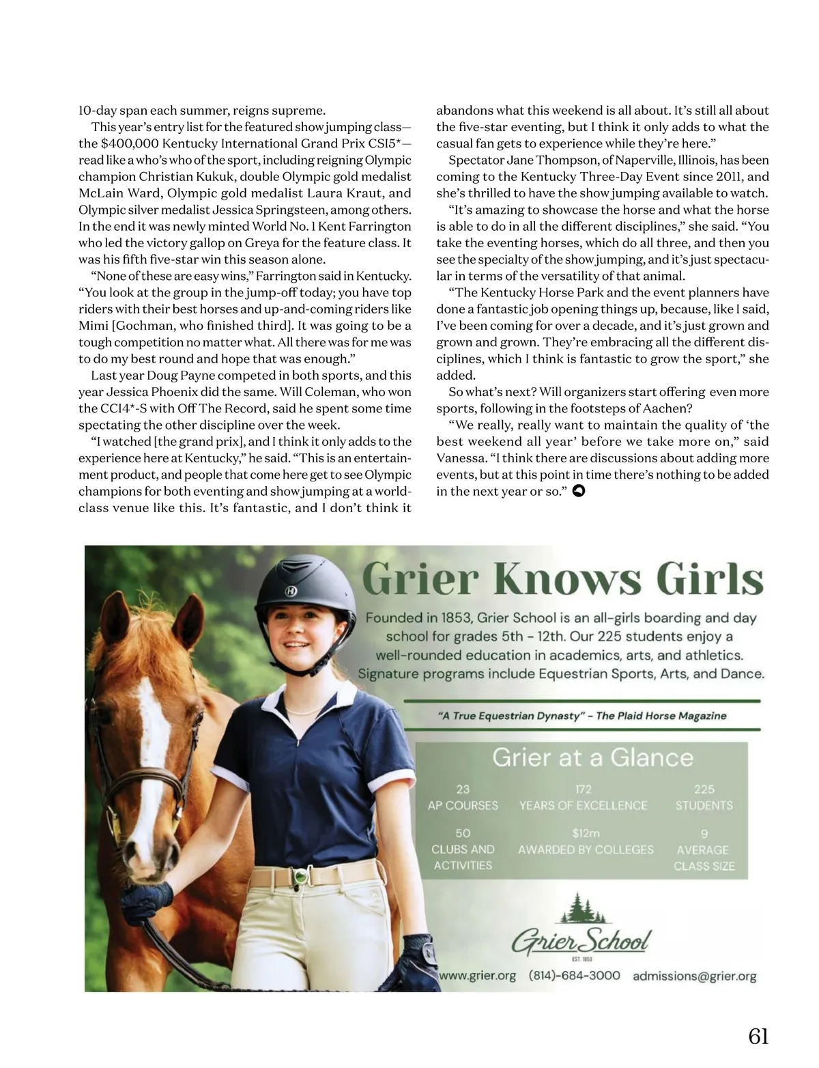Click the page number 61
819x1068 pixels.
758,1036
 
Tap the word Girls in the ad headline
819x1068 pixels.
710,580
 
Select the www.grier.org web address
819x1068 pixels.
477,975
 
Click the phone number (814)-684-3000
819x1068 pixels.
574,975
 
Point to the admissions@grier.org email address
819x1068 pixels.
694,976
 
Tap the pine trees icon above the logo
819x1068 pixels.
580,908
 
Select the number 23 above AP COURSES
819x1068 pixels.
463,789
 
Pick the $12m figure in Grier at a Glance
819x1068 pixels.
586,833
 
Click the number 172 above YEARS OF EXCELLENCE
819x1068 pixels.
583,789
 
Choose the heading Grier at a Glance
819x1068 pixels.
592,757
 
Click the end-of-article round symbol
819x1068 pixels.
579,491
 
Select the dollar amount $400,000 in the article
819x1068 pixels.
130,143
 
